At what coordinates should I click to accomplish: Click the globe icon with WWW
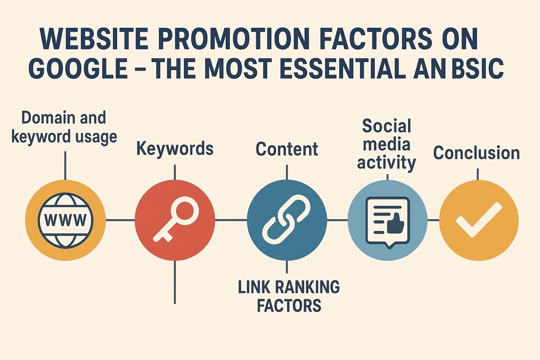click(65, 220)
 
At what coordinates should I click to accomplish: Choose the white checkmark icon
click(478, 220)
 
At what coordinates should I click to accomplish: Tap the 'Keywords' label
click(175, 149)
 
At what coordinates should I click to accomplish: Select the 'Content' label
click(287, 149)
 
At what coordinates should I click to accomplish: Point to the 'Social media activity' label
click(386, 145)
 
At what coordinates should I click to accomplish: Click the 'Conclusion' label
click(476, 153)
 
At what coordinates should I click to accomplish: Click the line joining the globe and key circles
click(120, 220)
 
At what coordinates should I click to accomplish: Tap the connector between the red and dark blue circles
click(230, 220)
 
